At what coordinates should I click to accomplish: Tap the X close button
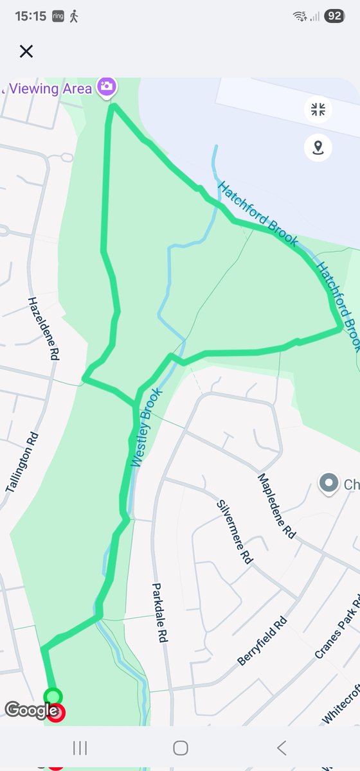click(x=26, y=51)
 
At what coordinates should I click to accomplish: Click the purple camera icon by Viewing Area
click(x=107, y=86)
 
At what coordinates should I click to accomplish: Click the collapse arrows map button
click(x=318, y=109)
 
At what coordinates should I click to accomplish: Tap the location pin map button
click(x=318, y=148)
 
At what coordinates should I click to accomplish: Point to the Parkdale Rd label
click(x=159, y=613)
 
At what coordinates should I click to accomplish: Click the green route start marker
click(x=53, y=696)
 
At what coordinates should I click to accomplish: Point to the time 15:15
click(x=30, y=16)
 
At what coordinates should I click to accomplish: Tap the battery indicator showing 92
click(x=334, y=16)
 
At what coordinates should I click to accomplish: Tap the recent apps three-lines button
click(x=80, y=747)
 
